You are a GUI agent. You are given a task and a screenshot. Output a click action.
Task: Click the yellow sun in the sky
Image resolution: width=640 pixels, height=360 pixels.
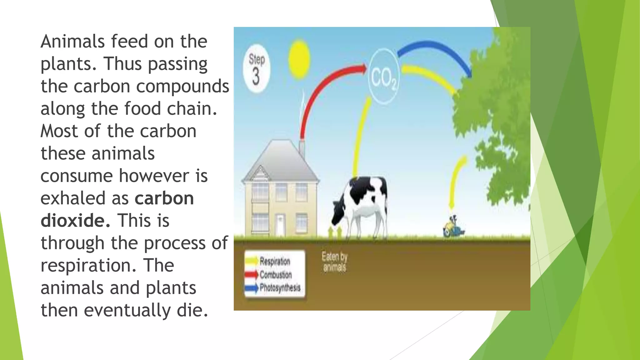point(299,59)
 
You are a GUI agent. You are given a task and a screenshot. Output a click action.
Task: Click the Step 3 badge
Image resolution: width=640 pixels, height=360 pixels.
point(257,68)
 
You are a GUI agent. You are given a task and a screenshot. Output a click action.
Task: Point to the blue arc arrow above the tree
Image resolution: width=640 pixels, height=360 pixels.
point(437,52)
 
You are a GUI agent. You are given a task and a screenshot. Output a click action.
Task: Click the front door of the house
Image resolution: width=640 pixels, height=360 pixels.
point(280,224)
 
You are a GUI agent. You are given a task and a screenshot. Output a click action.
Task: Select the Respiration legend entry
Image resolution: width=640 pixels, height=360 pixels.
point(274,261)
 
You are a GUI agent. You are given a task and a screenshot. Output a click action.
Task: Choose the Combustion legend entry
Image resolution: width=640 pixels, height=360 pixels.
point(275,275)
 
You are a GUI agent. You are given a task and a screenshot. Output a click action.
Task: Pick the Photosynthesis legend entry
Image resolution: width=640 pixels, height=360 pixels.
point(279,287)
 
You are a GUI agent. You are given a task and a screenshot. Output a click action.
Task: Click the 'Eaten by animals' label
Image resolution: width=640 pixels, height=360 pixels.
point(334,262)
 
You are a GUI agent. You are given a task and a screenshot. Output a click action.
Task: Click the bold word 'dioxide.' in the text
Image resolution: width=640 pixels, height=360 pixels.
point(75,221)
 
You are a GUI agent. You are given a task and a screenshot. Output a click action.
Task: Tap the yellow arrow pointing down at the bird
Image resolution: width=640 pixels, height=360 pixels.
point(456,181)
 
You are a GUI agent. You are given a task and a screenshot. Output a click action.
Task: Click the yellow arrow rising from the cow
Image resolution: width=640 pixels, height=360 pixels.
point(361,137)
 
